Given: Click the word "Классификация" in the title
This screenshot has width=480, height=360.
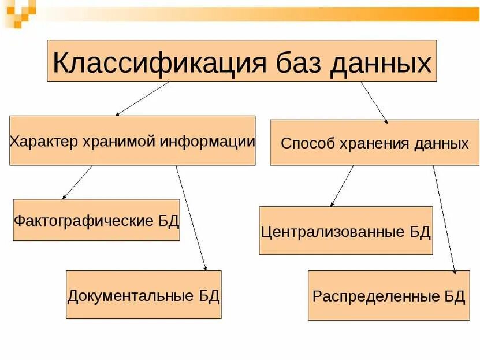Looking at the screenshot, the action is pos(158,62).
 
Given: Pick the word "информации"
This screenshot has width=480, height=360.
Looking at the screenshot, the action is pos(208,142).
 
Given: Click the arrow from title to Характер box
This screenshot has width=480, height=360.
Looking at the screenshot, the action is pos(142,98).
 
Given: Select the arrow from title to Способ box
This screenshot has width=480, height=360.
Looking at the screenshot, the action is pos(374,102).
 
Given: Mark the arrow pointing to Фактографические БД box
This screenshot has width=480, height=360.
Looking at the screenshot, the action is pos(77,182).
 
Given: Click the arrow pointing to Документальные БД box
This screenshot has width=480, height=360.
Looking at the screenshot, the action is pos(191,218).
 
